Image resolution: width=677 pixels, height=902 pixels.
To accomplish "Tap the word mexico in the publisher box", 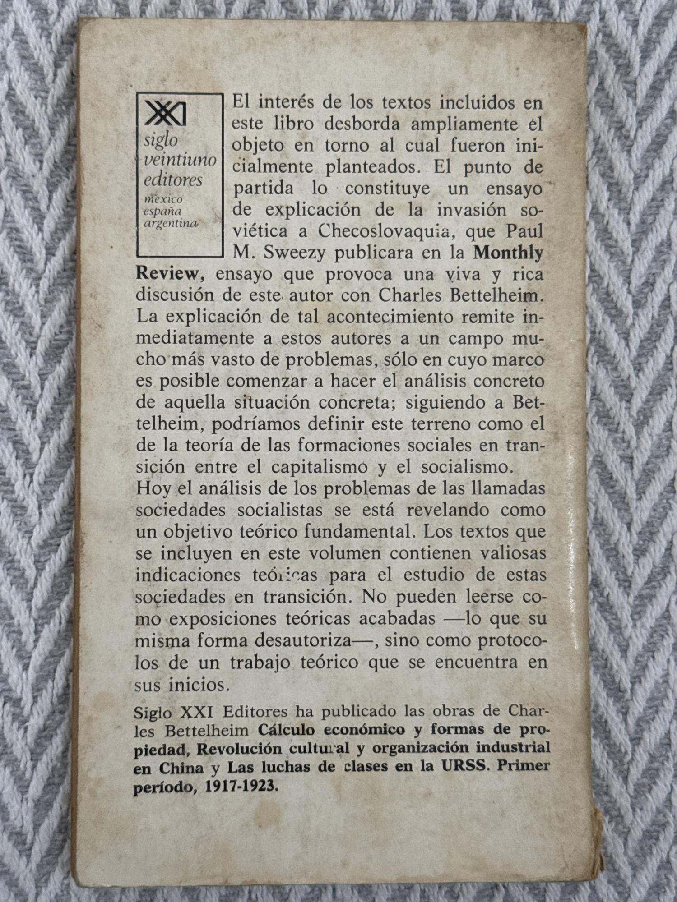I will (163, 199).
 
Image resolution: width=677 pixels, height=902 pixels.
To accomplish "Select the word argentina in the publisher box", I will (172, 223).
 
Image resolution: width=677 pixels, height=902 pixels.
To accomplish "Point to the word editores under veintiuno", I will (173, 180).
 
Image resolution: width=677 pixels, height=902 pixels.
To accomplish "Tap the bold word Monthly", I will (508, 252).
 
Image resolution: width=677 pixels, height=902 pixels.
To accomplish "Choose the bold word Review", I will (167, 274).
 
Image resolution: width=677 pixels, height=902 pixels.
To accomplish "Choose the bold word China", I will (181, 768).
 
